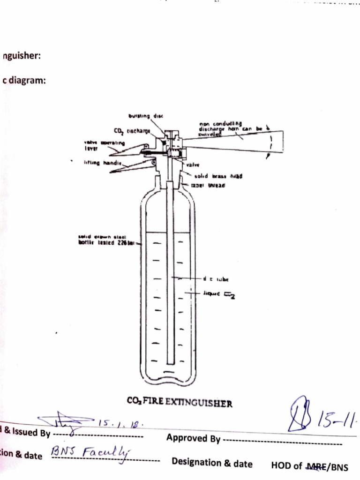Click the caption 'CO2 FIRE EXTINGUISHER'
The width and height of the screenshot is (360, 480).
180,402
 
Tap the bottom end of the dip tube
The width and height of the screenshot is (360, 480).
171,361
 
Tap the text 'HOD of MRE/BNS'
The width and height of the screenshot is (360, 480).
310,466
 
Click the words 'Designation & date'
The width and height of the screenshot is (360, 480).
212,464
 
